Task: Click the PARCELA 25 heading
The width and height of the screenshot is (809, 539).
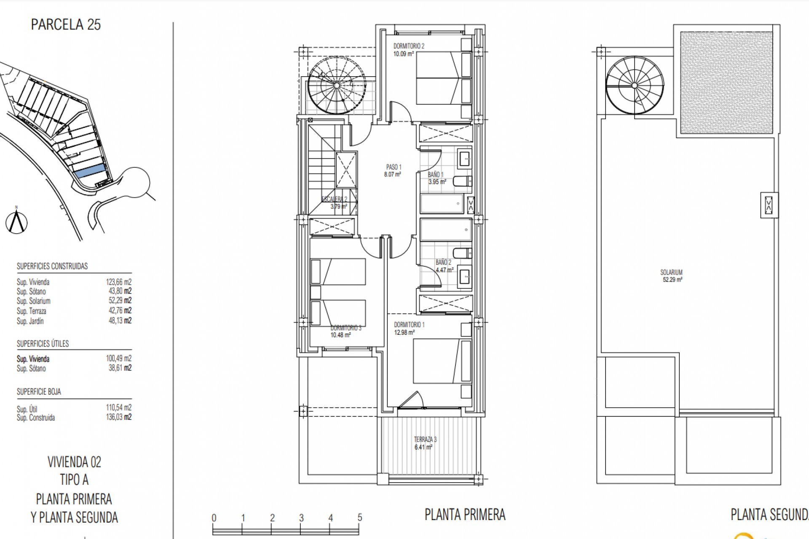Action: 66,24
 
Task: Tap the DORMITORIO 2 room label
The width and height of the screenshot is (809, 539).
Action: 409,46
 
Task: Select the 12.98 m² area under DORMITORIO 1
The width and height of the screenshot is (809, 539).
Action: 404,333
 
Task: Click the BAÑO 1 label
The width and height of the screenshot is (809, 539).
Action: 436,174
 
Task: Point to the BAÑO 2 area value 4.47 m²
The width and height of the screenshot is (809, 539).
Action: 445,270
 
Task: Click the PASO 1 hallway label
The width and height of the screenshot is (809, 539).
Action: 394,167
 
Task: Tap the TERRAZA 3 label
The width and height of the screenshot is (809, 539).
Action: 425,440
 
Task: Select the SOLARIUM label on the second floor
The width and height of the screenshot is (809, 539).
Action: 671,272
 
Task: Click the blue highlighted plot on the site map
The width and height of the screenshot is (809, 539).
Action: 90,171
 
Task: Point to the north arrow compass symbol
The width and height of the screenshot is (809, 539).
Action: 17,221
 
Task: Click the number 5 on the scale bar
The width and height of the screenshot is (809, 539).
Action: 359,518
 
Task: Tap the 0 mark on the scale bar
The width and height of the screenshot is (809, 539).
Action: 214,518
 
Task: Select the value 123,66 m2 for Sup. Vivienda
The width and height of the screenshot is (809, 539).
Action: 118,282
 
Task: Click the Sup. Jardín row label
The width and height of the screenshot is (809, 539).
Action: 30,321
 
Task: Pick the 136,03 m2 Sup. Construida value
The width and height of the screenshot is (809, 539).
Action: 118,417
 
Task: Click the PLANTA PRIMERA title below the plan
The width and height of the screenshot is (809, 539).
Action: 465,515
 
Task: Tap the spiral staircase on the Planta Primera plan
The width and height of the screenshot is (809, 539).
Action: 336,85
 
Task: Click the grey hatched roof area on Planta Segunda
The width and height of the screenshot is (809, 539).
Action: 726,83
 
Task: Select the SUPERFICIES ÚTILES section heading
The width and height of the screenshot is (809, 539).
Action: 43,344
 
